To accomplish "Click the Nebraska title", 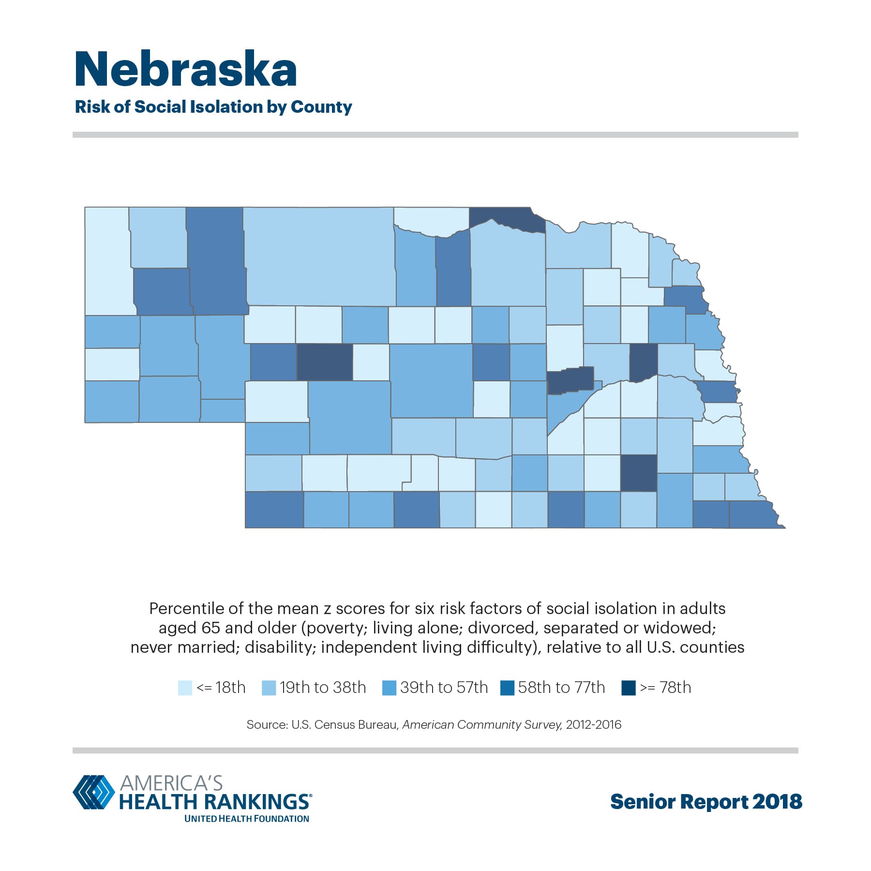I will click(186, 70).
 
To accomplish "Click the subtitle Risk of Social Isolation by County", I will click(213, 107).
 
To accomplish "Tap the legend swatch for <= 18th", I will click(185, 688).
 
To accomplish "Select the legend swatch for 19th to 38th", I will click(269, 688).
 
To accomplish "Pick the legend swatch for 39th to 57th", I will click(389, 688).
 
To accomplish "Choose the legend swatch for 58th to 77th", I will click(507, 688).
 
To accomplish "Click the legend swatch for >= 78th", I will click(628, 688).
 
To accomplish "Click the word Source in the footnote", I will click(266, 725).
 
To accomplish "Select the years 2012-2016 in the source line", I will click(594, 725).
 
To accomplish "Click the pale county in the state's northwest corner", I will click(107, 261).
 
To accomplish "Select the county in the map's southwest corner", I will click(274, 510).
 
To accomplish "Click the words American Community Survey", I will click(481, 725).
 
